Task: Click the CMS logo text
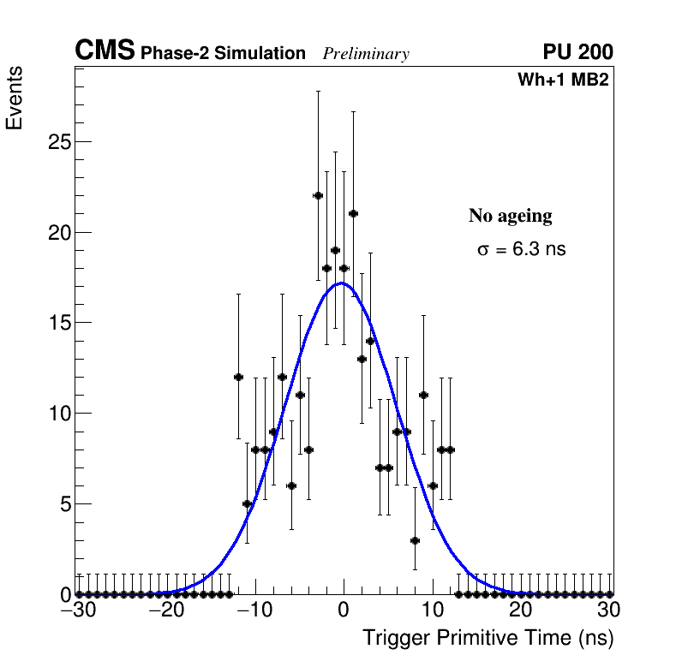[105, 52]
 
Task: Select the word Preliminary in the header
[366, 55]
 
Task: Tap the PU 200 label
[577, 53]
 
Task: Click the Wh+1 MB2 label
[562, 80]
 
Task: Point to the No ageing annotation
[510, 216]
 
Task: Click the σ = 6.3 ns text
[522, 250]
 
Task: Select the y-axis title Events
[15, 98]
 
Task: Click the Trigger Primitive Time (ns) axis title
[488, 639]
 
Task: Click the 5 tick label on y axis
[63, 503]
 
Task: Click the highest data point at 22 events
[318, 195]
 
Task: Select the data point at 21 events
[353, 213]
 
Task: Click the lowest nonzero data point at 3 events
[415, 539]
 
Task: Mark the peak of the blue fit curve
[342, 283]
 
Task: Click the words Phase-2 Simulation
[223, 54]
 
